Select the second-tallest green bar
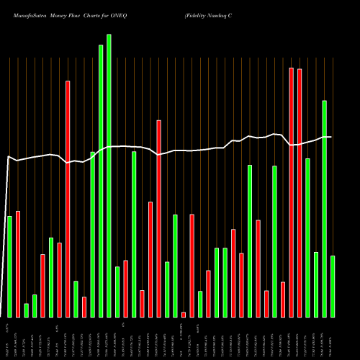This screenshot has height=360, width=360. click(x=101, y=181)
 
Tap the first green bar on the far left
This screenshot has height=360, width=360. click(x=9, y=266)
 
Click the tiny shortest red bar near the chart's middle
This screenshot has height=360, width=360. click(x=184, y=314)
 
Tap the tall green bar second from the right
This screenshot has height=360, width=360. click(x=324, y=209)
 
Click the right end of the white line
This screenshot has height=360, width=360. click(x=330, y=137)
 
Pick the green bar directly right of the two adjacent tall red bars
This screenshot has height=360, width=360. click(x=307, y=238)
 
